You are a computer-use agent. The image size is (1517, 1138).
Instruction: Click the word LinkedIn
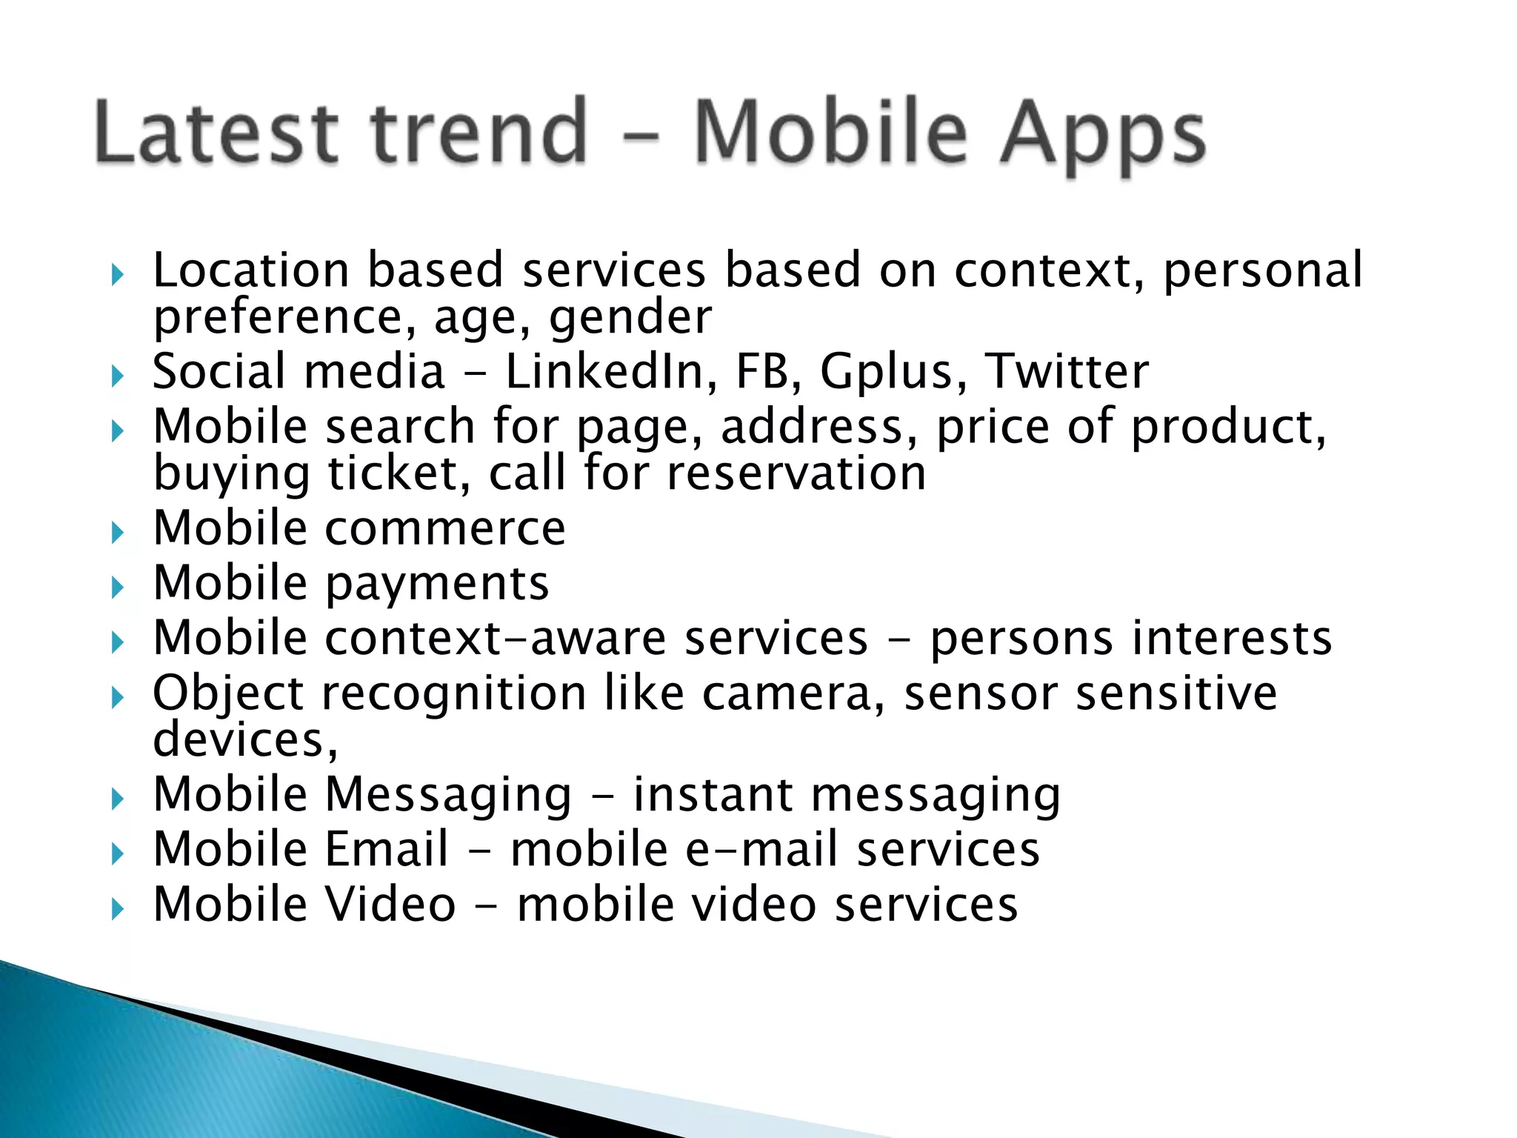[604, 371]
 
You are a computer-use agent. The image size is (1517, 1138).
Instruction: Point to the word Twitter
[1067, 371]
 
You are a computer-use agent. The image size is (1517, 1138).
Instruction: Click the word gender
[630, 318]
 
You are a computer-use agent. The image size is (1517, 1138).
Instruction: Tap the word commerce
[445, 528]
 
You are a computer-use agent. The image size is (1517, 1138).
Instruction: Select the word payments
[437, 585]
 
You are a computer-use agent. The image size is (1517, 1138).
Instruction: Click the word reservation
[796, 473]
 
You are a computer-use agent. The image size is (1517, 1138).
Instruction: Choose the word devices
[244, 740]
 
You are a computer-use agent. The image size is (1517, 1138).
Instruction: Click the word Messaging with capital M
[448, 796]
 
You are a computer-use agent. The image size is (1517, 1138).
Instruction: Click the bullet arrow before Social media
[117, 376]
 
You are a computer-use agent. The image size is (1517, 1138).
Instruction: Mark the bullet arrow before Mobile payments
[117, 588]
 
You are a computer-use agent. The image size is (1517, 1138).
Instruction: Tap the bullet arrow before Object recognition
[117, 697]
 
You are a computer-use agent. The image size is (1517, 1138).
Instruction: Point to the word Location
[250, 270]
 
